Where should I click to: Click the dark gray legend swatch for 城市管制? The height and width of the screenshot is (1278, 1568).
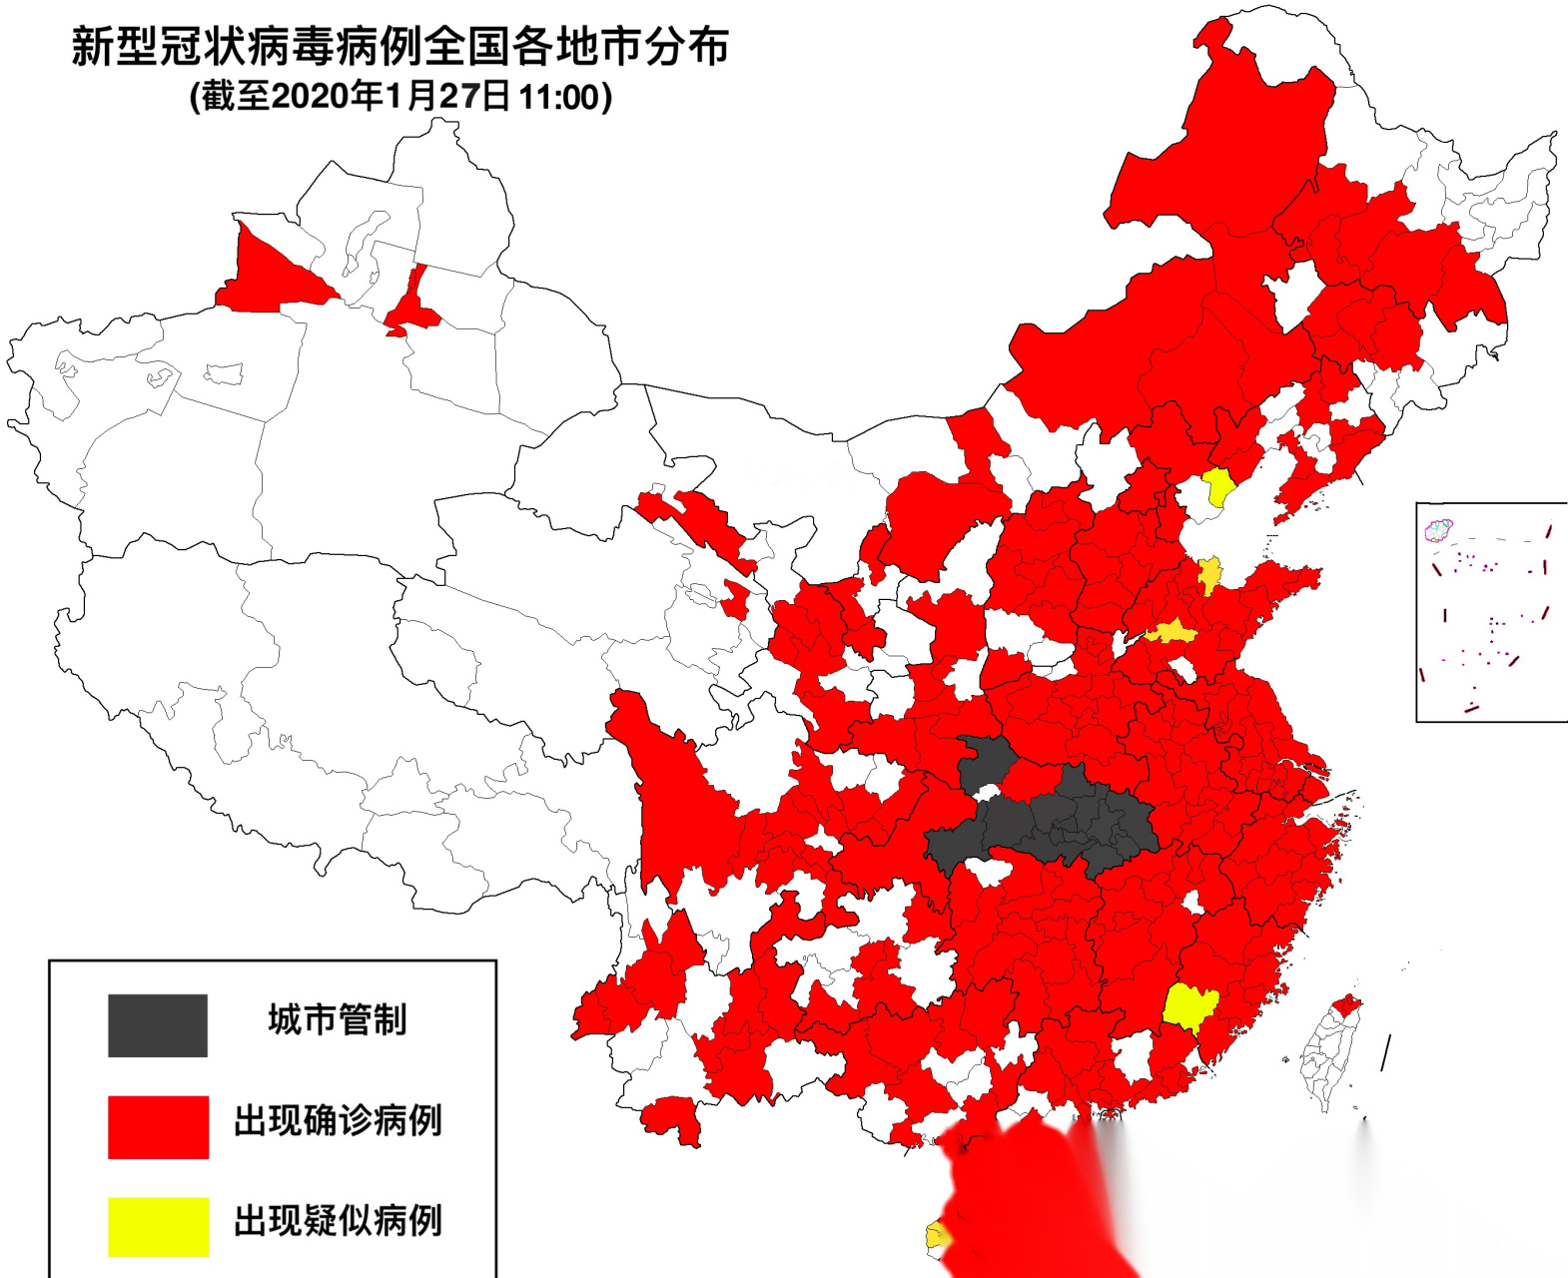pyautogui.click(x=158, y=1025)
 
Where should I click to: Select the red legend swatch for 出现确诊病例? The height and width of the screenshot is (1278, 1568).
pyautogui.click(x=158, y=1127)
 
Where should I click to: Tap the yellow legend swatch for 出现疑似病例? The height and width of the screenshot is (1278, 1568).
pyautogui.click(x=158, y=1227)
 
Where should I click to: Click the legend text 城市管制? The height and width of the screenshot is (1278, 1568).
pyautogui.click(x=338, y=1020)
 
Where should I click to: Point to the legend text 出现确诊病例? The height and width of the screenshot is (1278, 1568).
pyautogui.click(x=338, y=1121)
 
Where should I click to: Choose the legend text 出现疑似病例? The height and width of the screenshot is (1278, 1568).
pyautogui.click(x=338, y=1221)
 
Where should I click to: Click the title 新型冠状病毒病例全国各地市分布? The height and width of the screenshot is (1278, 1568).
pyautogui.click(x=399, y=47)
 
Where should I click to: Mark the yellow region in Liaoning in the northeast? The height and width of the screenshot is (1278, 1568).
pyautogui.click(x=1218, y=487)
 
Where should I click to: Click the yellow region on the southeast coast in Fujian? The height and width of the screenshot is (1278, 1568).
pyautogui.click(x=1188, y=1006)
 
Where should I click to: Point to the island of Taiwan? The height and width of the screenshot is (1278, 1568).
pyautogui.click(x=1328, y=1058)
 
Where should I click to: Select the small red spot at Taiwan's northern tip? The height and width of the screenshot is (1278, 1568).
pyautogui.click(x=1346, y=1004)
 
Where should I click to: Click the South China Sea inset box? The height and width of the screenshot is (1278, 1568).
pyautogui.click(x=1490, y=611)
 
